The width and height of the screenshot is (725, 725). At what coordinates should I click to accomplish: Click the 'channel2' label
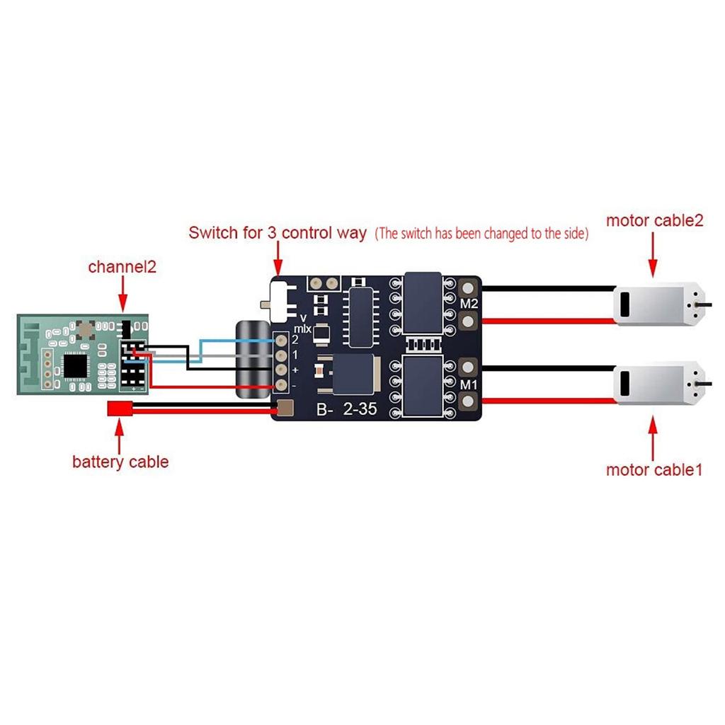point(121,268)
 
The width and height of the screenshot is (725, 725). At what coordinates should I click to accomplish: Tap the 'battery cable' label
point(120,462)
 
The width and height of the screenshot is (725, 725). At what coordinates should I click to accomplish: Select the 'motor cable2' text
point(654,221)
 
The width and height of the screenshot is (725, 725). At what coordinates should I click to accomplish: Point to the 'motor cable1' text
point(654,469)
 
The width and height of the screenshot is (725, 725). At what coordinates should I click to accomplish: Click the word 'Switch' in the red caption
point(212,233)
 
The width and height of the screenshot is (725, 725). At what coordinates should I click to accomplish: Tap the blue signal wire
point(234,341)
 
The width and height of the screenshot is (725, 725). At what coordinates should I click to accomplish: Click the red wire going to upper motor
point(545,321)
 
